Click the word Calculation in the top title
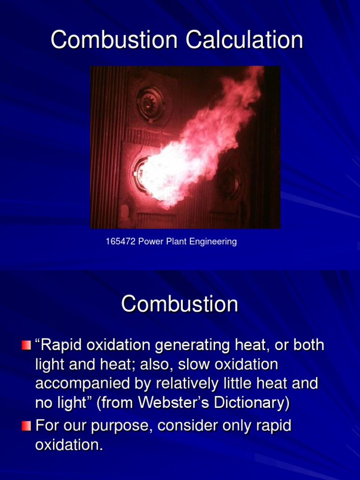click(x=244, y=40)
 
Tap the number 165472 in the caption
click(x=120, y=242)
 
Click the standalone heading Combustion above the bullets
click(x=180, y=304)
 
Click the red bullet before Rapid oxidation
click(x=26, y=346)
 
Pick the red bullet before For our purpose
click(x=26, y=426)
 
